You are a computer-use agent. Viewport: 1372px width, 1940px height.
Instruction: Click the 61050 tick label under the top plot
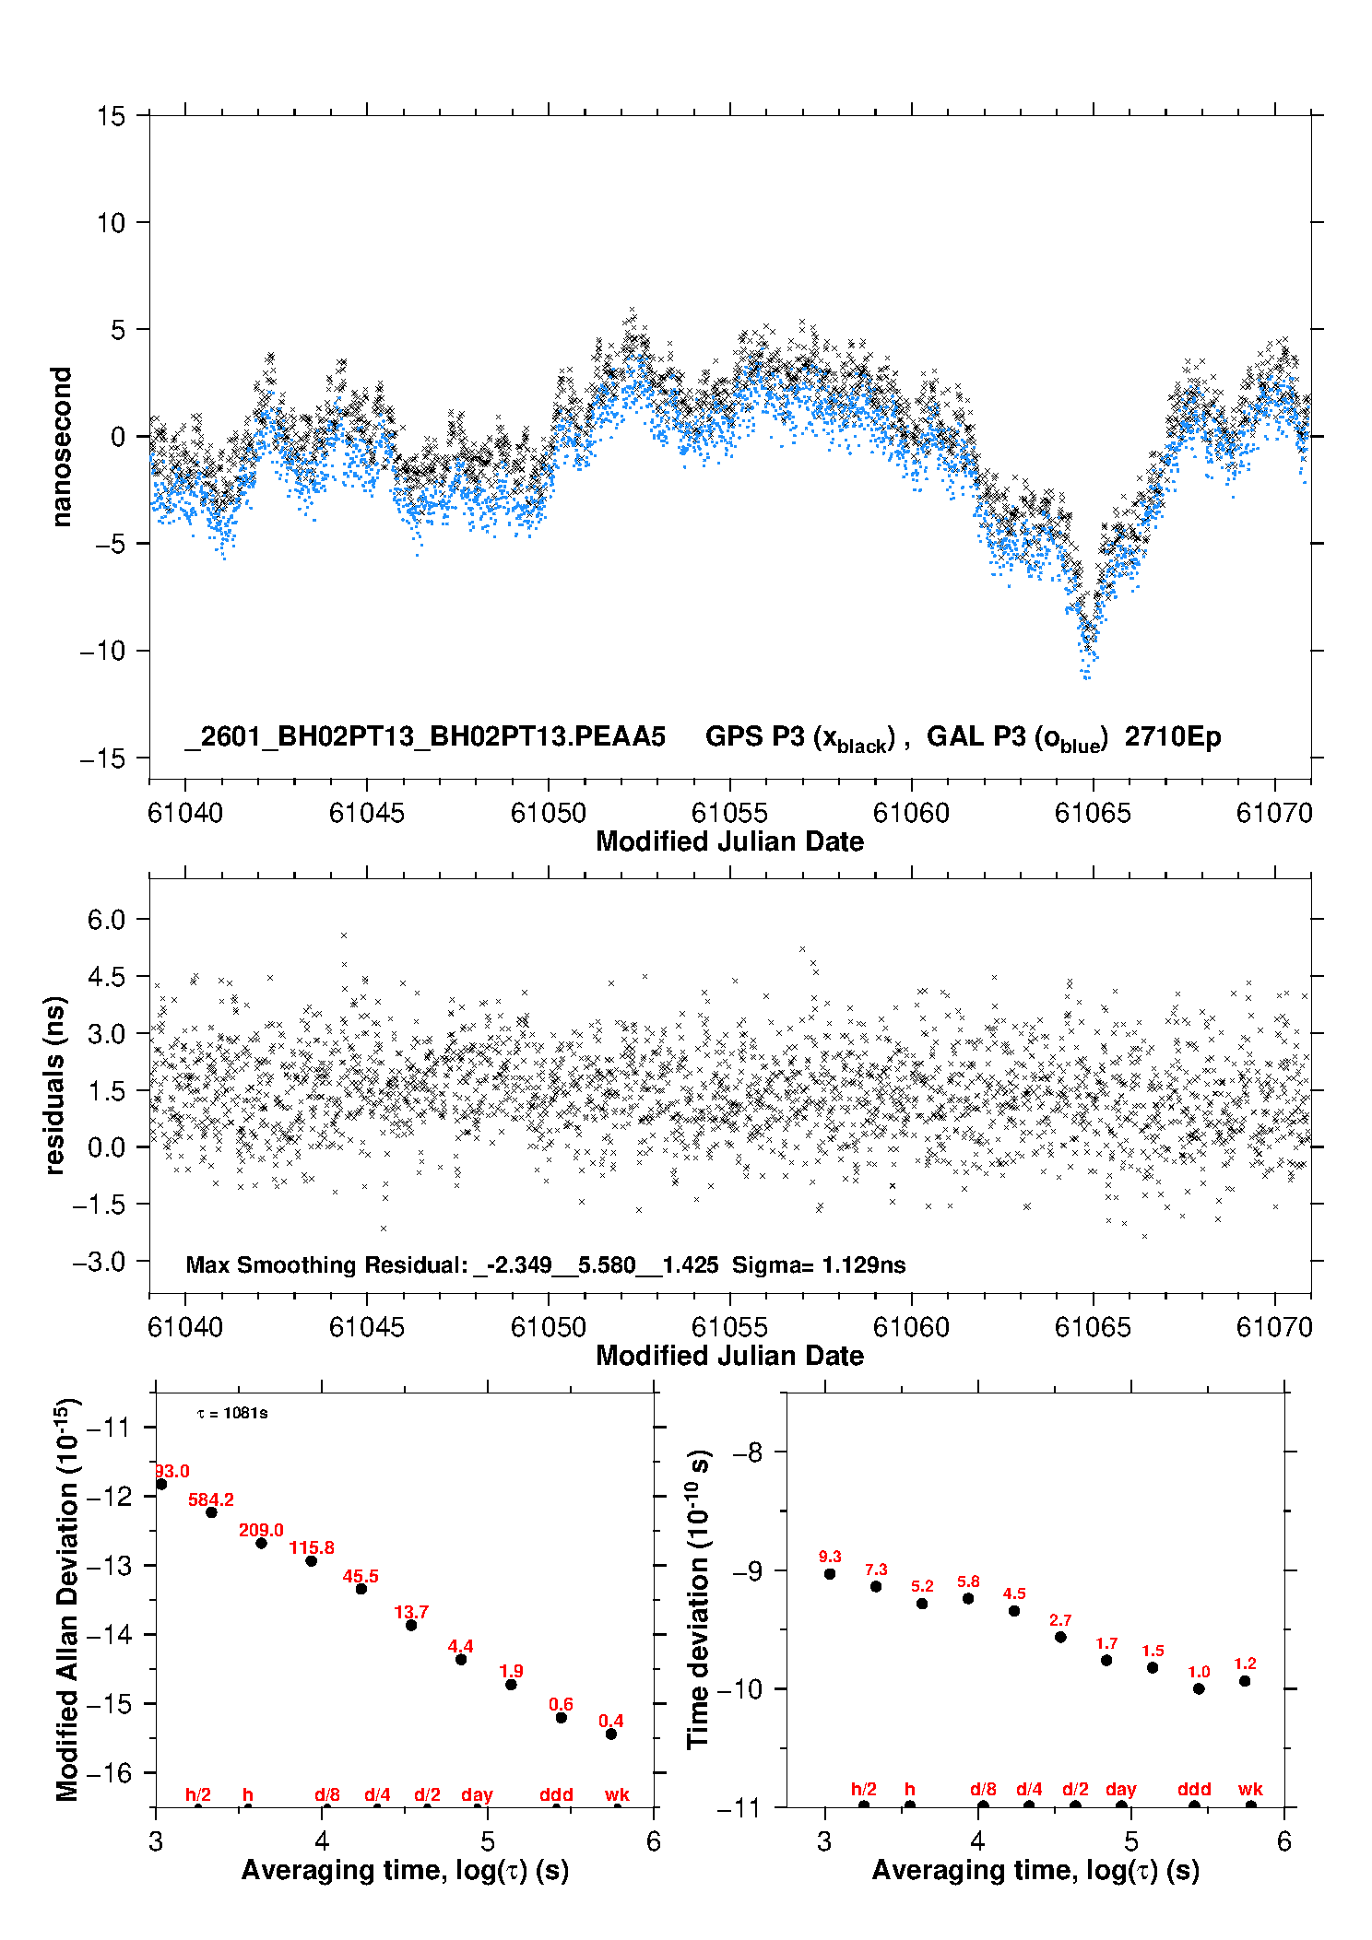(x=548, y=813)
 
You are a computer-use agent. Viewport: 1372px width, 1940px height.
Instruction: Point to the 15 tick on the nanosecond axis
(x=112, y=116)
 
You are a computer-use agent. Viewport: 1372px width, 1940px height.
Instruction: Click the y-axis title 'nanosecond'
(x=61, y=447)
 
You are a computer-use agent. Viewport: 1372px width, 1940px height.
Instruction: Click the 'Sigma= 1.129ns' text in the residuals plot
(x=819, y=1264)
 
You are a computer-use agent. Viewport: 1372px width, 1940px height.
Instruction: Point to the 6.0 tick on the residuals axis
(x=106, y=920)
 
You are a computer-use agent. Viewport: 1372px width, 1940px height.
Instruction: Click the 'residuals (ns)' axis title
(x=55, y=1085)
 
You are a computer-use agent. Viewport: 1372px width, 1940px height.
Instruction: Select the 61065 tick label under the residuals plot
(x=1093, y=1327)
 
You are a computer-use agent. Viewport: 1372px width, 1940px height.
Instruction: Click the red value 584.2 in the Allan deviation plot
(x=211, y=1499)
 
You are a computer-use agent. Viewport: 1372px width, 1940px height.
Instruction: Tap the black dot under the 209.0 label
(x=262, y=1543)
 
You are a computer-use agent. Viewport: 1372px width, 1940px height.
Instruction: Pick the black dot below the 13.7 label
(x=411, y=1625)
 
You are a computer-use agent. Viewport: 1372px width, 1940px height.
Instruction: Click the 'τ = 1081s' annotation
(x=232, y=1413)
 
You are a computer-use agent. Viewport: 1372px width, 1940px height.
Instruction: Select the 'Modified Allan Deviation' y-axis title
(x=66, y=1599)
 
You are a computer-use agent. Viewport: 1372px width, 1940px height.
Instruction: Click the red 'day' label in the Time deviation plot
(x=1121, y=1789)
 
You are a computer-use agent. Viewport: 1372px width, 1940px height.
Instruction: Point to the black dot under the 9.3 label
(x=830, y=1574)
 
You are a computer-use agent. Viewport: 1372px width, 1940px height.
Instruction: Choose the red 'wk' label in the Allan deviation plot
(x=617, y=1794)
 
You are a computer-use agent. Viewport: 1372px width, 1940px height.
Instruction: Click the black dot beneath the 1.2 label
(x=1245, y=1681)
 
